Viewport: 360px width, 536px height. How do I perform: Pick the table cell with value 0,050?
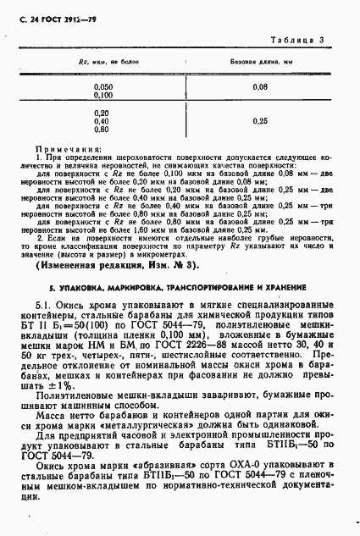102,86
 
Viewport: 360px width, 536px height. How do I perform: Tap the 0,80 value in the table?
102,129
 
